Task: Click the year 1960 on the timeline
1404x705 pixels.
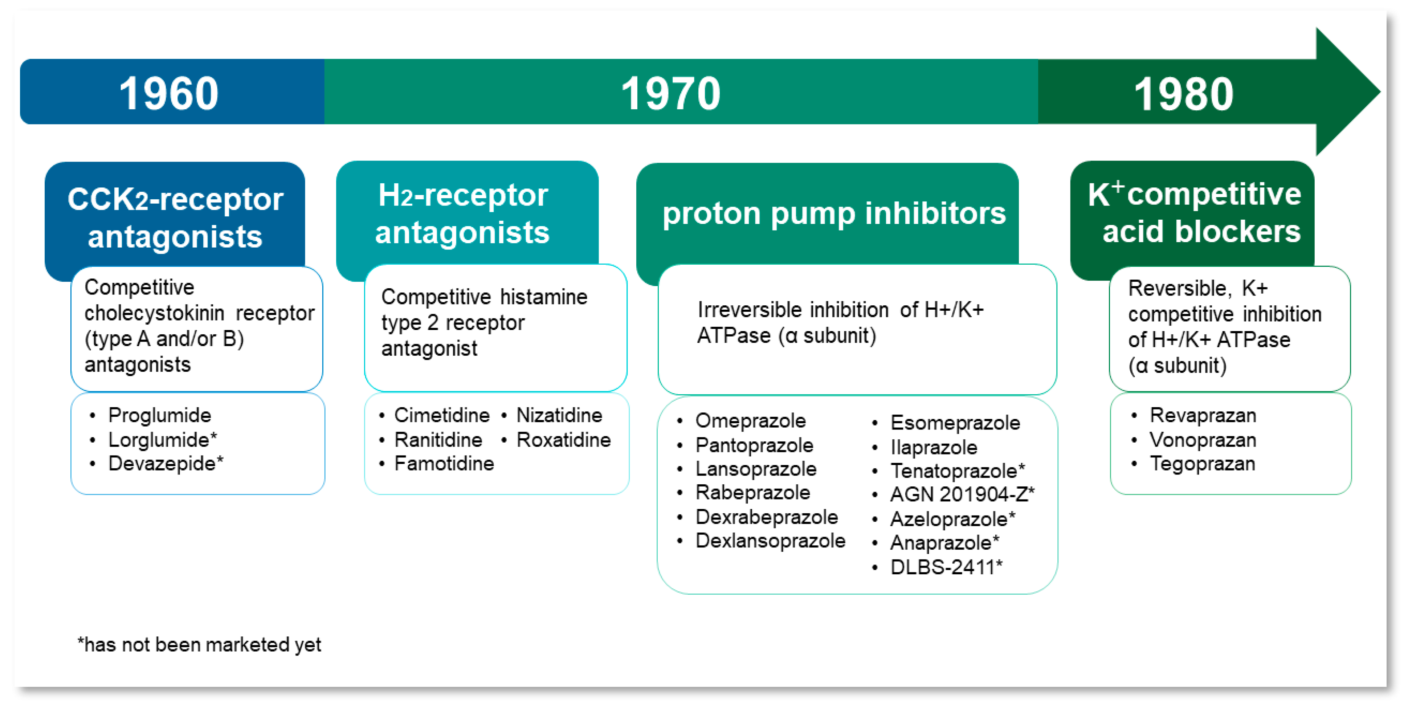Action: tap(169, 94)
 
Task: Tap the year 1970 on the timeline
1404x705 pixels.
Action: tap(670, 94)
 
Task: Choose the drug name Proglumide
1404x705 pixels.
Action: tap(159, 415)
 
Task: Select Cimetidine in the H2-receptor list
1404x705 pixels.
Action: tap(441, 415)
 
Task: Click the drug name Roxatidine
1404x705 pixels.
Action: tap(563, 440)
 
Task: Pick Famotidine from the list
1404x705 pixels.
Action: tap(444, 464)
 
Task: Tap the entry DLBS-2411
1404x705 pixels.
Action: tap(946, 567)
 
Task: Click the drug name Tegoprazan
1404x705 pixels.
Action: tap(1202, 464)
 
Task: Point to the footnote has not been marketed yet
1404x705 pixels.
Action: tap(200, 644)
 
